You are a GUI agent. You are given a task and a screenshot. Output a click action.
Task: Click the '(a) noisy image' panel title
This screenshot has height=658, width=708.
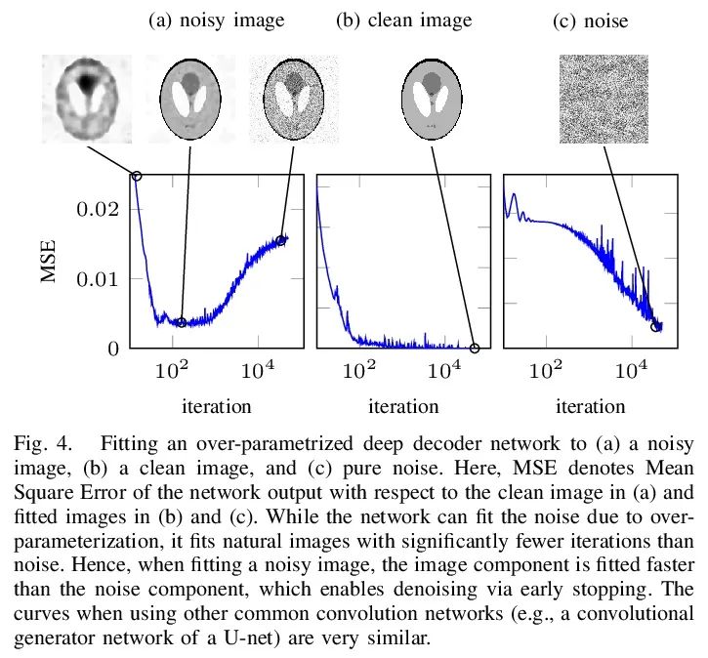pyautogui.click(x=216, y=20)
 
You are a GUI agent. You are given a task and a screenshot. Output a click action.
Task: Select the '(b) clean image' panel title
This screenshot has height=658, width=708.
pyautogui.click(x=403, y=20)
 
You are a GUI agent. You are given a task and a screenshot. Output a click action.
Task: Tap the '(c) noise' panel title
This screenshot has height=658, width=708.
pyautogui.click(x=590, y=21)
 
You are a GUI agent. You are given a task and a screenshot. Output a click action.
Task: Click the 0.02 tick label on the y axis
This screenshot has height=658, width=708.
pyautogui.click(x=98, y=209)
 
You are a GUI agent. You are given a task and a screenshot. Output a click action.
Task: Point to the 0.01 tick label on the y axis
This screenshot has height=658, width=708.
pyautogui.click(x=98, y=279)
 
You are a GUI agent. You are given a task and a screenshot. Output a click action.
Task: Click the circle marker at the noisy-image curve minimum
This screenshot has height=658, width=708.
pyautogui.click(x=182, y=322)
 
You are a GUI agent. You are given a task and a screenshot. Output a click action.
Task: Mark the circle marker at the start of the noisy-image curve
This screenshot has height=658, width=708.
pyautogui.click(x=137, y=176)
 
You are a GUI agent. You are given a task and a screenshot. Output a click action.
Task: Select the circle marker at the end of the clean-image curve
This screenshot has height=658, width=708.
pyautogui.click(x=476, y=348)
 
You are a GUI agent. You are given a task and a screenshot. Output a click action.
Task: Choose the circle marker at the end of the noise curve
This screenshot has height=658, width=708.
pyautogui.click(x=655, y=326)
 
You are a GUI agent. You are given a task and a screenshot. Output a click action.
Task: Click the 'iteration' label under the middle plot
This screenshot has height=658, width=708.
pyautogui.click(x=403, y=406)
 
